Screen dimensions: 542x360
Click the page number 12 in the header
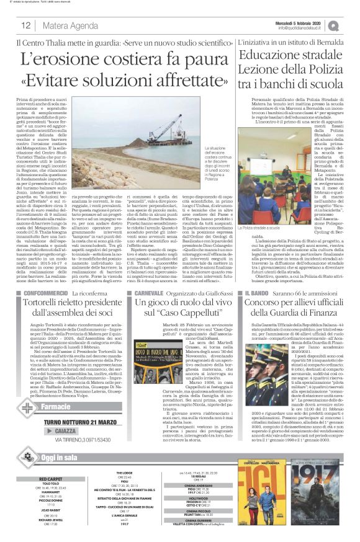pos(27,25)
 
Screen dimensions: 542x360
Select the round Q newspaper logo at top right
pos(351,25)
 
